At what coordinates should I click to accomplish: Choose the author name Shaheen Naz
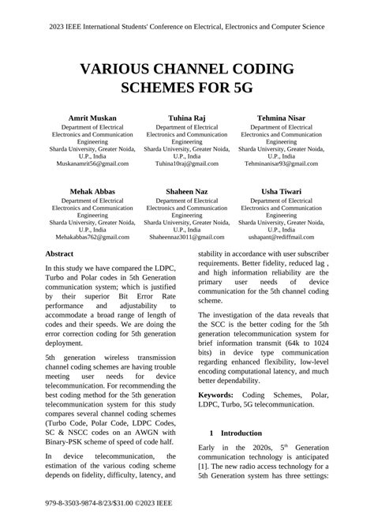(187, 191)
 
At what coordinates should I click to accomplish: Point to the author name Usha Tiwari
(282, 191)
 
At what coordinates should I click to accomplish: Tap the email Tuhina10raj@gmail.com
(187, 163)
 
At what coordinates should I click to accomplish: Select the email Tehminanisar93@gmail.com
(282, 163)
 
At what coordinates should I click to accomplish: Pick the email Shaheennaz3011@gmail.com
(187, 236)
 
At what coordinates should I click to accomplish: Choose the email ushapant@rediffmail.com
(282, 236)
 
